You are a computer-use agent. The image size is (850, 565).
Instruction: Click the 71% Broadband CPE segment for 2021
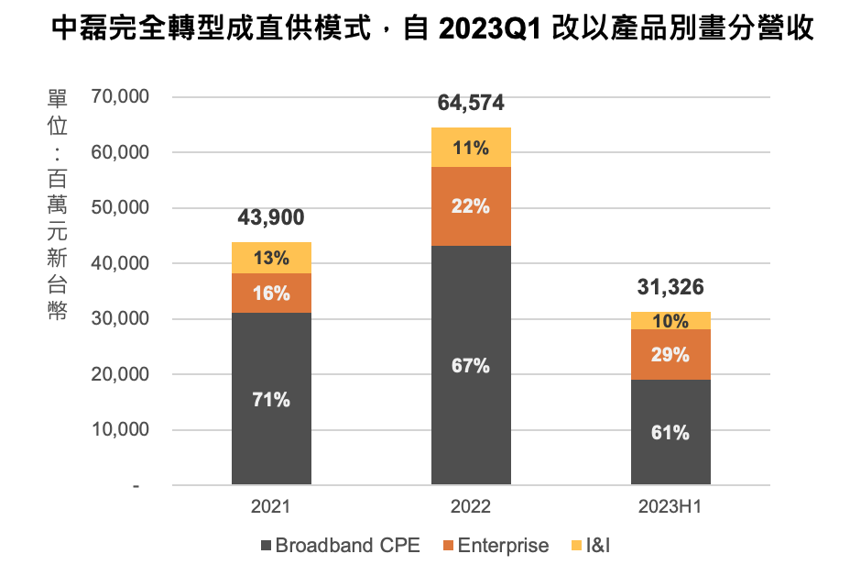click(x=271, y=399)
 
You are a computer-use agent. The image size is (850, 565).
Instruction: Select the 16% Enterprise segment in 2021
click(x=271, y=294)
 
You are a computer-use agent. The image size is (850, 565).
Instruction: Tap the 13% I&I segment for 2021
click(x=271, y=258)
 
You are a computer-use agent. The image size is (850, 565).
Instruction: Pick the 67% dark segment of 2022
click(x=471, y=365)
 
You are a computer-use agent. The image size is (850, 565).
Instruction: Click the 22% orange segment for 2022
click(x=471, y=206)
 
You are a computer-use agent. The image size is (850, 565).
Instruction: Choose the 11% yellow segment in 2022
click(x=471, y=147)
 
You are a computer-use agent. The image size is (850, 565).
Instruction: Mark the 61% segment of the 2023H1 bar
click(x=670, y=432)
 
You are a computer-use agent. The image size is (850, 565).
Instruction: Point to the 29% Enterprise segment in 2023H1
click(x=670, y=354)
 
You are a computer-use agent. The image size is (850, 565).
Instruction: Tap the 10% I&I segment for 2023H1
click(x=670, y=321)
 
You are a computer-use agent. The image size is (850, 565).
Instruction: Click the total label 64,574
click(x=471, y=103)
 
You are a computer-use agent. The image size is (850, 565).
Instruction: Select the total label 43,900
click(x=271, y=217)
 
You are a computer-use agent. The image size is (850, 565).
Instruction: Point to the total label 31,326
click(x=670, y=288)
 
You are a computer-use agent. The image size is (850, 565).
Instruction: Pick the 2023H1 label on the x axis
click(x=670, y=507)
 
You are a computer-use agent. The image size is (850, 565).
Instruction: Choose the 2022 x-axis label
click(x=471, y=507)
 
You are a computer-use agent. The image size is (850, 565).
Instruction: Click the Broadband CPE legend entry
click(x=340, y=546)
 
